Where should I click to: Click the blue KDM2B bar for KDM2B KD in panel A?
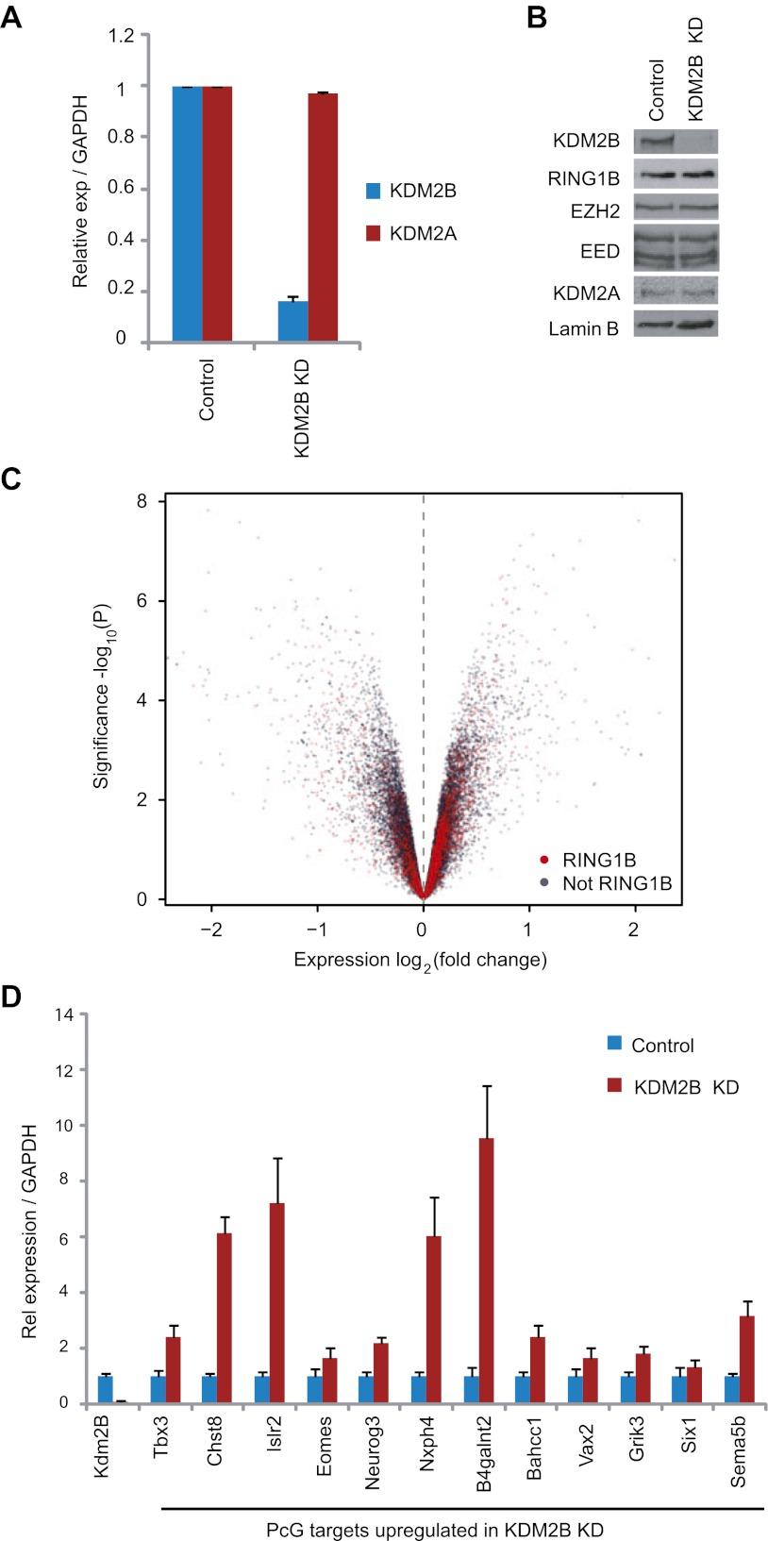[292, 321]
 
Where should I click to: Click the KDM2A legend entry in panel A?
[422, 233]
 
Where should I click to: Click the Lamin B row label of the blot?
[583, 328]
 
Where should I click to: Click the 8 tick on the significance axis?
[141, 501]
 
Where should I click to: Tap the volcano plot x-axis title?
[421, 961]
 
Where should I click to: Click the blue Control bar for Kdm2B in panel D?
[106, 1389]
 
